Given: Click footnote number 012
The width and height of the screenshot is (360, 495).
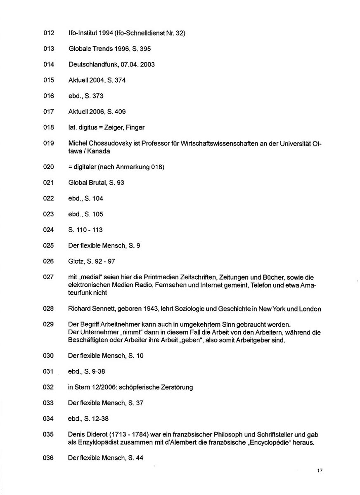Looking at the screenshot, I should (x=48, y=33).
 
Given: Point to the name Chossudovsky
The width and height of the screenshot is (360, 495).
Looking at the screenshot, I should (x=109, y=143).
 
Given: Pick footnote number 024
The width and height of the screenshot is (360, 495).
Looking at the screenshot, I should (x=48, y=230).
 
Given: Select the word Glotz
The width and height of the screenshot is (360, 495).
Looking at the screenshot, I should (x=76, y=261).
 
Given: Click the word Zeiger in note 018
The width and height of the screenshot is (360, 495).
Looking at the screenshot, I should (x=117, y=127).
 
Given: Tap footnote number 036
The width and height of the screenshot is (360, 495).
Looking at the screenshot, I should (x=48, y=458).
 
